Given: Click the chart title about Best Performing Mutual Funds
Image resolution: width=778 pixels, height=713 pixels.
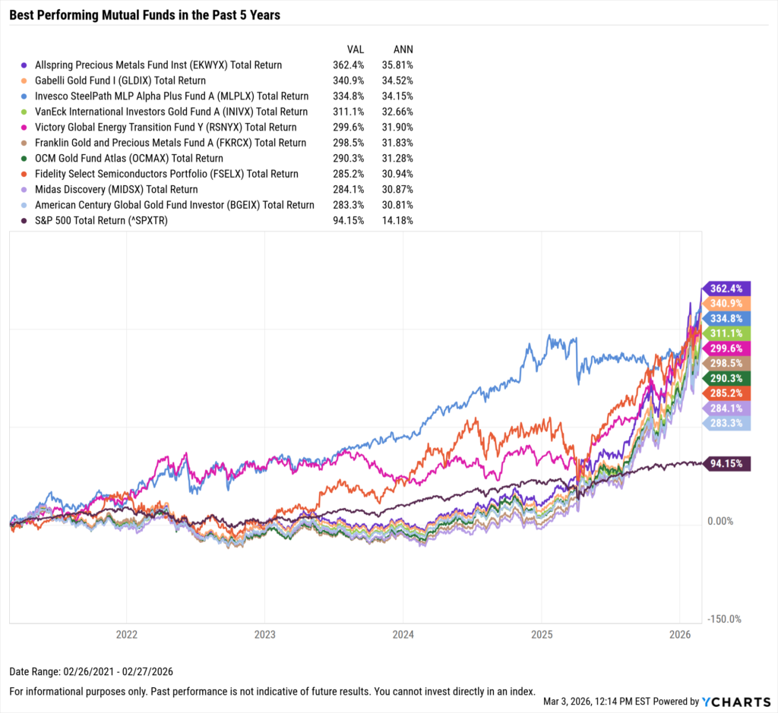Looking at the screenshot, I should click(x=144, y=15).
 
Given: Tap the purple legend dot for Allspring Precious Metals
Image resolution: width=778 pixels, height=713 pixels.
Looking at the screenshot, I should click(x=25, y=65).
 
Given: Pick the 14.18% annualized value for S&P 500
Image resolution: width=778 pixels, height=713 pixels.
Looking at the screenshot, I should click(x=397, y=220).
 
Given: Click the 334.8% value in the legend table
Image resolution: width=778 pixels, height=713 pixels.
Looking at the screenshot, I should click(x=348, y=96).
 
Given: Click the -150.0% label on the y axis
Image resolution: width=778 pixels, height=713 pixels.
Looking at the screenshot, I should click(x=723, y=619).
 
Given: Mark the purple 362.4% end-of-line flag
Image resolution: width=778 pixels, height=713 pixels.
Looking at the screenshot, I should click(x=728, y=289).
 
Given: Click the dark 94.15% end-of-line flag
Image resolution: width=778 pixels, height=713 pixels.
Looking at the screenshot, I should click(x=728, y=464).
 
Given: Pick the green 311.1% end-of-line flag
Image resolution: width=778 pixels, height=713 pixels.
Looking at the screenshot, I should click(x=728, y=333).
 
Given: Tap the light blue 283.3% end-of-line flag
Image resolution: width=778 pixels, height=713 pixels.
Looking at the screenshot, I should click(x=728, y=423).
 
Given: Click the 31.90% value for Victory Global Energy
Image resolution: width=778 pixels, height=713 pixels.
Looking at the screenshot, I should click(x=397, y=128).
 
